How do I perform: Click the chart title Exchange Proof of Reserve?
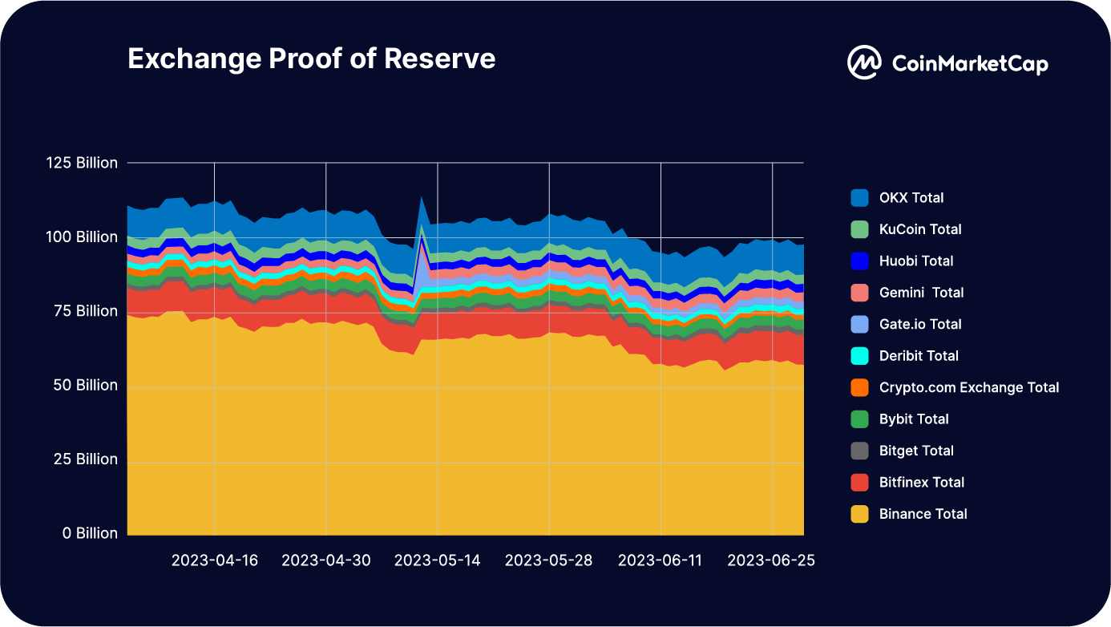point(311,59)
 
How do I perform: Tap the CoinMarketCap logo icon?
point(864,63)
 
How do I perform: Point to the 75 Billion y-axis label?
point(84,311)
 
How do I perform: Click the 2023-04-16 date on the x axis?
point(215,560)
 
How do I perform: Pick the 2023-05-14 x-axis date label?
point(438,560)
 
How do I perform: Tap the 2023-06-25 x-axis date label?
point(771,560)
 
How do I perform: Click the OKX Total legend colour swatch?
point(859,198)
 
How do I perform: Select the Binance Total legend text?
point(923,514)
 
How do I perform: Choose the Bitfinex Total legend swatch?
point(859,483)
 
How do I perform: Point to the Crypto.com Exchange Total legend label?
point(968,387)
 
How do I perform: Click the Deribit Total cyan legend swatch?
point(859,356)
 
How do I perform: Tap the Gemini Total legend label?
point(921,293)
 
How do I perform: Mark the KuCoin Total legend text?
point(920,229)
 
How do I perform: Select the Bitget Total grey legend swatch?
point(859,451)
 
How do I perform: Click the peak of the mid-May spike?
point(422,196)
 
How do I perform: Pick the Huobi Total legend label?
point(916,261)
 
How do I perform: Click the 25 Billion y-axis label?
point(84,459)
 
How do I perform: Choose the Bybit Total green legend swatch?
point(859,419)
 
